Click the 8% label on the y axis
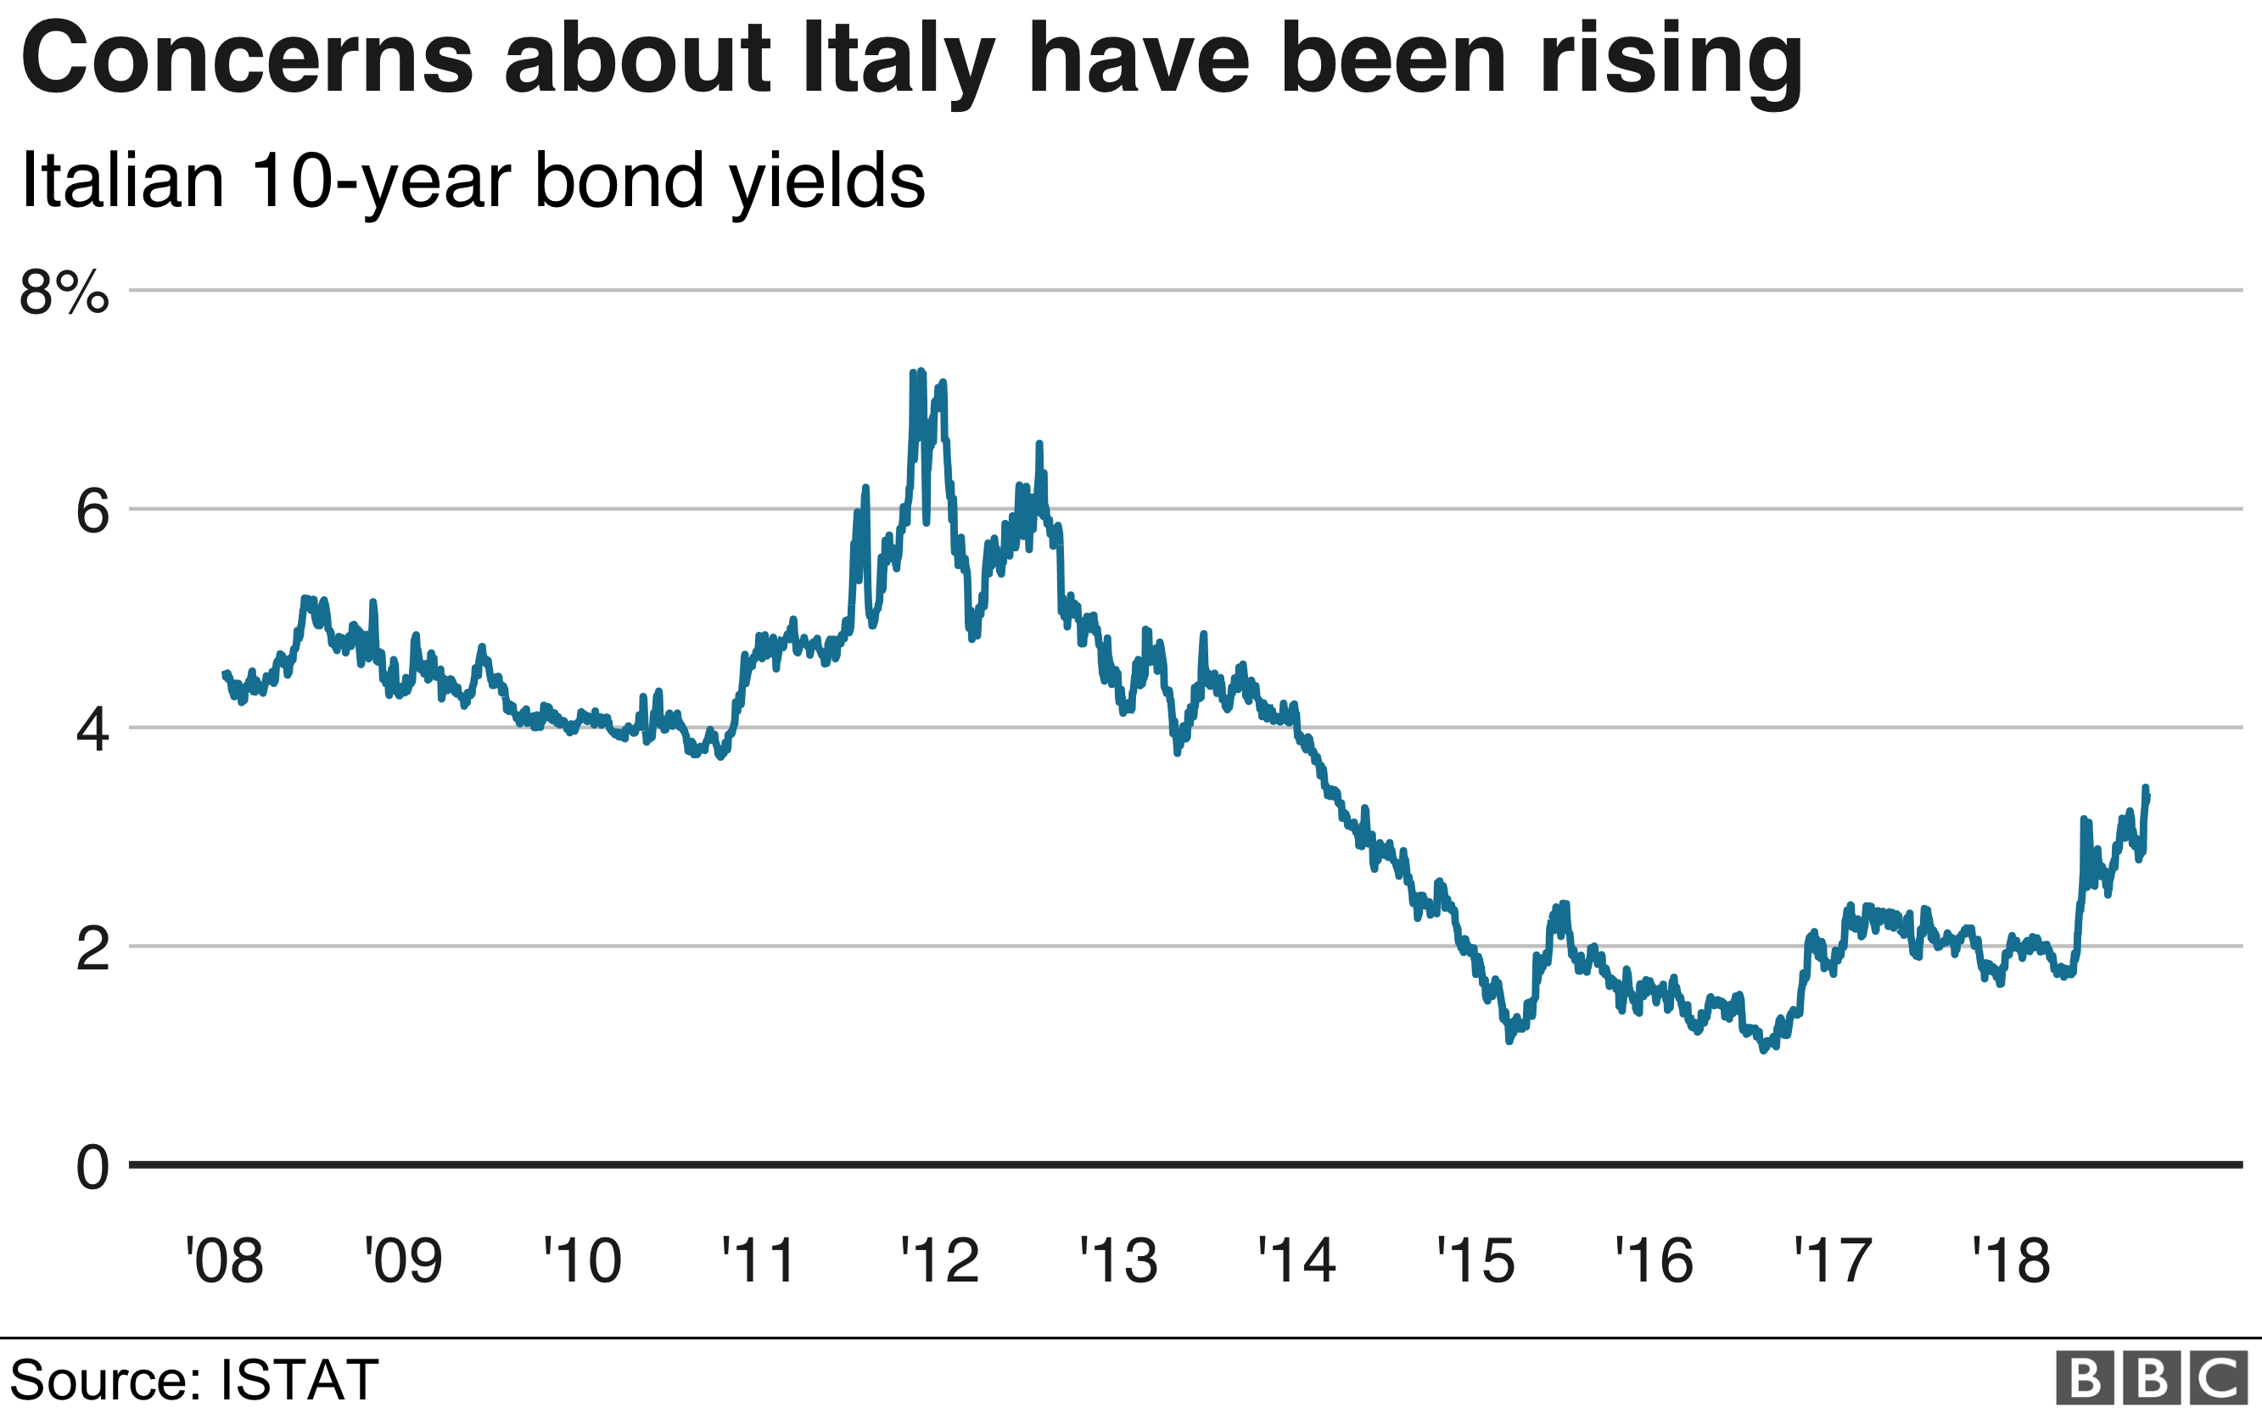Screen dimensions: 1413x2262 (x=64, y=293)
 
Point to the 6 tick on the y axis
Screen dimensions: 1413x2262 (x=92, y=512)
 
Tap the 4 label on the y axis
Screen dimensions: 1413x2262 (x=92, y=731)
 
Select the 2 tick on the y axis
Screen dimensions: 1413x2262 (x=92, y=949)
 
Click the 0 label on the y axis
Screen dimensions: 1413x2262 (x=92, y=1168)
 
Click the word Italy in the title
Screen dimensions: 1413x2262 (x=899, y=61)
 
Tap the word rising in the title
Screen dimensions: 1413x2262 (x=1671, y=61)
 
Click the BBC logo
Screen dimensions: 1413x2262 (x=2151, y=1377)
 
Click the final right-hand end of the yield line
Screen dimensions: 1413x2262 (x=2149, y=796)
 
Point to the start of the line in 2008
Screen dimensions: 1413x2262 (x=225, y=673)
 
